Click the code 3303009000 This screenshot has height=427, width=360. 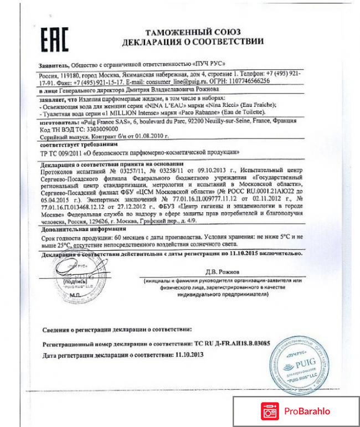pyautogui.click(x=97, y=127)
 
